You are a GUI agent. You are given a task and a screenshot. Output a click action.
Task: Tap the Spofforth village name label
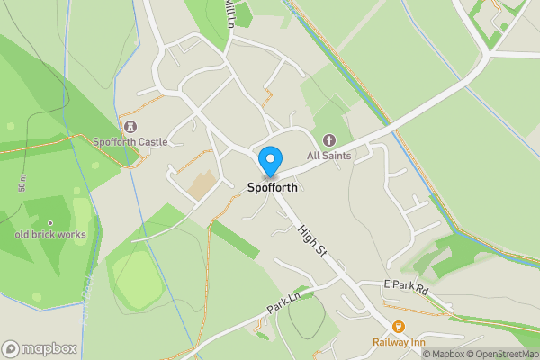(x=272, y=188)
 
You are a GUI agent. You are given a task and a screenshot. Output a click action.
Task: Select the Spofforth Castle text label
(x=130, y=141)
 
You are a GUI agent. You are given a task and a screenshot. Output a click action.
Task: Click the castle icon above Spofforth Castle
(x=131, y=126)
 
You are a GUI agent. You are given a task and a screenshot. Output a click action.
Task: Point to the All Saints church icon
(x=328, y=140)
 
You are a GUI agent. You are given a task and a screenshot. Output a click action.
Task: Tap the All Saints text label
(x=328, y=156)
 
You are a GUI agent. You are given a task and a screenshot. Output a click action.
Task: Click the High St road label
(x=313, y=242)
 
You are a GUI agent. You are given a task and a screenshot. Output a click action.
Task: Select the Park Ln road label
(x=282, y=303)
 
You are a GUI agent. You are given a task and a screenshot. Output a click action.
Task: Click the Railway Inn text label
(x=399, y=342)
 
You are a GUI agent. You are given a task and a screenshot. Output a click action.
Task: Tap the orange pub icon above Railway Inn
(x=400, y=327)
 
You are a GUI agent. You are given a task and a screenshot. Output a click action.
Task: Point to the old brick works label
(x=50, y=235)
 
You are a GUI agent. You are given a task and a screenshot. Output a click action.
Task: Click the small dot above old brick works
(x=50, y=222)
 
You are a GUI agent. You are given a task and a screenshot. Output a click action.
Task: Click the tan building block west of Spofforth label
(x=202, y=184)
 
